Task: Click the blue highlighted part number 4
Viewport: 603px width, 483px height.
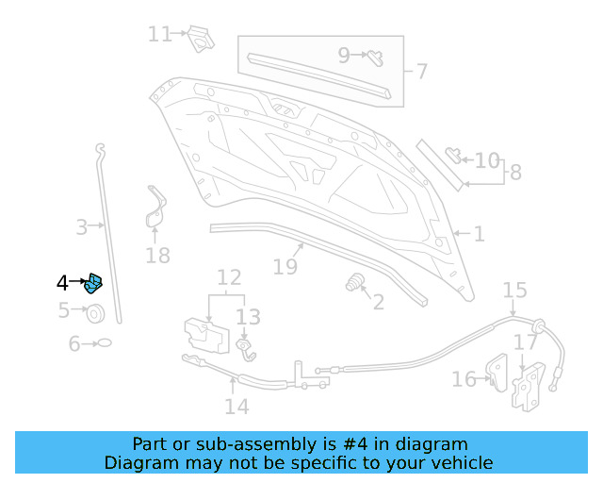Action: [93, 283]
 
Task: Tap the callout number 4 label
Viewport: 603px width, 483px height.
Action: [62, 282]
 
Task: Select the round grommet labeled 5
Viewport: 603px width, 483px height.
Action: [96, 311]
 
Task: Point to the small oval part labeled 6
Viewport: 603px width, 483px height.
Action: [105, 343]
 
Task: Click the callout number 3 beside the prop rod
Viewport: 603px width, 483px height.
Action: [83, 226]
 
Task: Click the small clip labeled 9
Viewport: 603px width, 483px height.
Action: [372, 56]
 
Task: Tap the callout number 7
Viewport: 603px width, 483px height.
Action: [421, 71]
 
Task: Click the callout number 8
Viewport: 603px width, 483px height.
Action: [514, 173]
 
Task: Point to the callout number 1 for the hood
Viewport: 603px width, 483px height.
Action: [479, 233]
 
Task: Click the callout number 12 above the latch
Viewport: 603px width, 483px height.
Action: [229, 277]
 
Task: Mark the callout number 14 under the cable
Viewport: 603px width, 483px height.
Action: [236, 406]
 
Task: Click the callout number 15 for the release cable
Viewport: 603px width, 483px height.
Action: [514, 290]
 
